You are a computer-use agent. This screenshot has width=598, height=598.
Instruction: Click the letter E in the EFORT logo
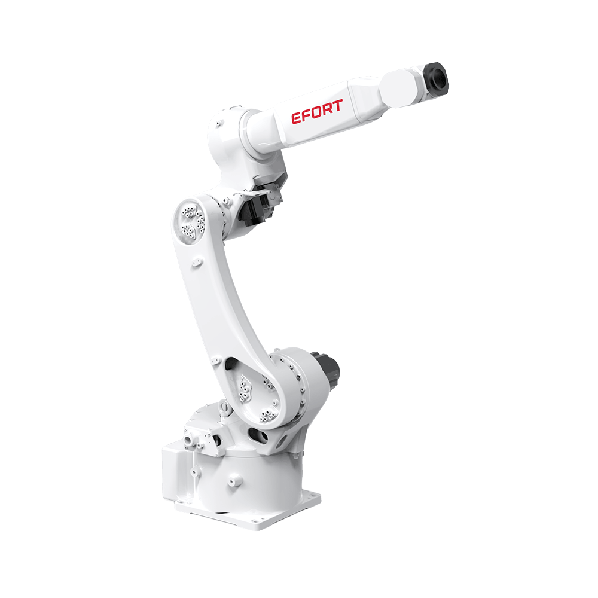pyautogui.click(x=297, y=118)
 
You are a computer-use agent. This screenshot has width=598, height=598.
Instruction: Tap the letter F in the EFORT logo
pyautogui.click(x=307, y=115)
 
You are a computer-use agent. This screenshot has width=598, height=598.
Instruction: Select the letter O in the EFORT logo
pyautogui.click(x=317, y=112)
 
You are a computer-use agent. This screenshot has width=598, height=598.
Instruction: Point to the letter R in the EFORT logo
pyautogui.click(x=327, y=109)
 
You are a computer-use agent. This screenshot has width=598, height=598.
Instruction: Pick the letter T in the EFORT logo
pyautogui.click(x=337, y=106)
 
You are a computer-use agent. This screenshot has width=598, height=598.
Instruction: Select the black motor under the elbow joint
pyautogui.click(x=259, y=203)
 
